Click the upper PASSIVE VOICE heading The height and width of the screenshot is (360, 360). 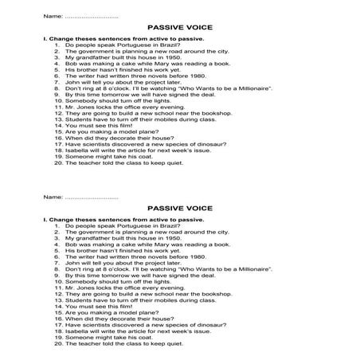pos(179,26)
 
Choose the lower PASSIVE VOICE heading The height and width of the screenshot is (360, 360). pos(179,207)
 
